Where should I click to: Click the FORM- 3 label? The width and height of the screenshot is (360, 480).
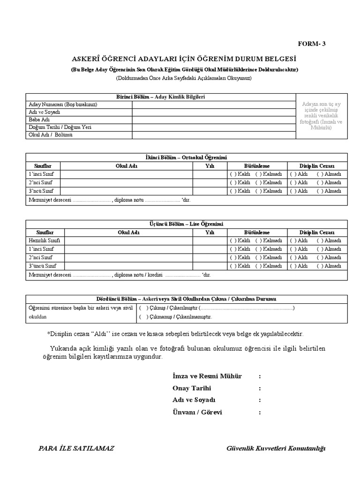(x=312, y=44)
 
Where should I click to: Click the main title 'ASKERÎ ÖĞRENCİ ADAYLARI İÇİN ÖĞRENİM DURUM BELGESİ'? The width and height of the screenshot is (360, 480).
(x=184, y=60)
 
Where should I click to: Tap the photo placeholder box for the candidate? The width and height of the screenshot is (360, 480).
(x=322, y=116)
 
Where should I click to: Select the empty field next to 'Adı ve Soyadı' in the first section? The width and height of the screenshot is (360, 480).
(x=214, y=112)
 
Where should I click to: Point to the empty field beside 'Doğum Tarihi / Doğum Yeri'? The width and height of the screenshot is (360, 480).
(x=214, y=127)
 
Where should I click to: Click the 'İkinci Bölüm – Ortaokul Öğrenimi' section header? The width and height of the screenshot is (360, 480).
(x=186, y=157)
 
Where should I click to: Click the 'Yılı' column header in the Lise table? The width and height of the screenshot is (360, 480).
(x=210, y=232)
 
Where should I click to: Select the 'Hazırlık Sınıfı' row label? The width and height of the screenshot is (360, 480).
(x=45, y=240)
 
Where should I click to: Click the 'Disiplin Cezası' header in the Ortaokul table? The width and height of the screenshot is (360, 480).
(x=317, y=166)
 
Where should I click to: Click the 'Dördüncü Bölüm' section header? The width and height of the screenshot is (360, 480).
(x=186, y=299)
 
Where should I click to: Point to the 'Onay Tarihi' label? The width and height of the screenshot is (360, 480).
(x=192, y=388)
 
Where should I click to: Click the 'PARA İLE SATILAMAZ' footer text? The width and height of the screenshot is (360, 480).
(x=76, y=448)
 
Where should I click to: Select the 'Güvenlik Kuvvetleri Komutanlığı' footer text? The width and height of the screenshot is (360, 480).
(x=276, y=449)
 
